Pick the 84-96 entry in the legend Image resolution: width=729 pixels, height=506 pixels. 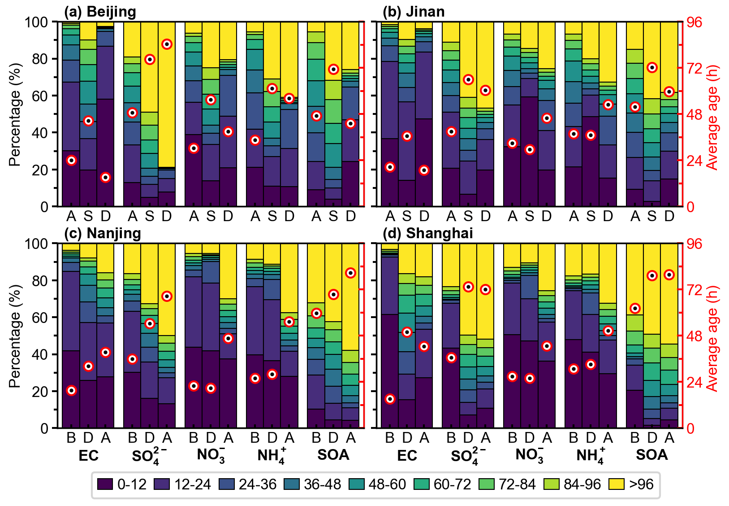tap(551, 484)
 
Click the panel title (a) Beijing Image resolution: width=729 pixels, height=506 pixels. tap(100, 12)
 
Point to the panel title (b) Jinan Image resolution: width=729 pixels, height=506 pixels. tap(413, 12)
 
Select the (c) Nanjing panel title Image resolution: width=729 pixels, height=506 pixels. tap(102, 233)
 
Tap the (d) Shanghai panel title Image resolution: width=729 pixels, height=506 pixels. tap(427, 233)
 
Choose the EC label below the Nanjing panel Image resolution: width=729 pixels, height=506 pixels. tap(88, 456)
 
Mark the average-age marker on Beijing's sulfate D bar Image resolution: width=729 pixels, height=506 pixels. tap(167, 44)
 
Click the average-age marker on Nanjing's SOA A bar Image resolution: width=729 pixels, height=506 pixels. tap(350, 273)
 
